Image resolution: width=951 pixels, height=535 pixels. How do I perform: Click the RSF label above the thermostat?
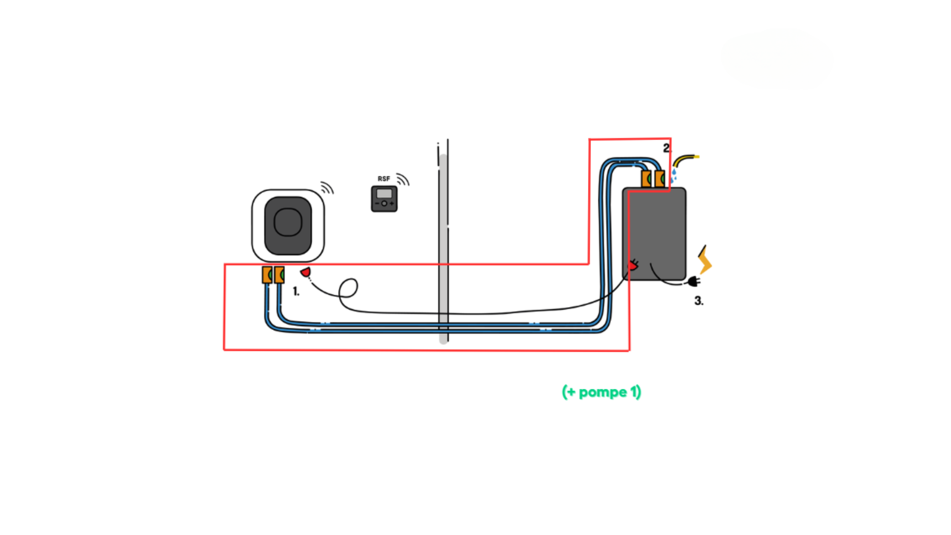[x=384, y=179]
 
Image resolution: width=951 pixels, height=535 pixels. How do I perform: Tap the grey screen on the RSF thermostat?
[x=384, y=194]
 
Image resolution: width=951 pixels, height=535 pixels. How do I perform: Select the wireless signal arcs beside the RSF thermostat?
[x=403, y=179]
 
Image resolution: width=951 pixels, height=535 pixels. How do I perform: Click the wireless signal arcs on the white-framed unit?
[x=327, y=188]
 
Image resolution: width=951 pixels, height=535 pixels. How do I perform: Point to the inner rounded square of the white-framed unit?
[x=288, y=222]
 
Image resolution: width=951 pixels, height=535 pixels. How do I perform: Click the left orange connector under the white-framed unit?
[x=267, y=274]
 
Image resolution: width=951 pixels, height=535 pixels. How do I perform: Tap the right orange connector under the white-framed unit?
[x=279, y=274]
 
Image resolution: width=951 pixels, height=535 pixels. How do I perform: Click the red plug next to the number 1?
[x=306, y=272]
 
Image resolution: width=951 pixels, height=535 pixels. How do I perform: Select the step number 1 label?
[x=296, y=291]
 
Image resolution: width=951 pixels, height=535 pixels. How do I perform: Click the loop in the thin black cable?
[x=348, y=288]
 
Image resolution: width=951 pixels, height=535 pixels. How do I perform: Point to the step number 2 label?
[x=667, y=148]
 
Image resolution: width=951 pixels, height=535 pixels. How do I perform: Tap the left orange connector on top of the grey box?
[x=646, y=178]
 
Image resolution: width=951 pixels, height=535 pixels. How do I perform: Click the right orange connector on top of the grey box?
[x=659, y=178]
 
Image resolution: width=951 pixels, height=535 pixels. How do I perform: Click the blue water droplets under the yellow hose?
[x=674, y=175]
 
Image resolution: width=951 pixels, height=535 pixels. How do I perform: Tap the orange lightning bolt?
[x=704, y=260]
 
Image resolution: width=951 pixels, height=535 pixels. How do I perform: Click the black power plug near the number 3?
[x=693, y=282]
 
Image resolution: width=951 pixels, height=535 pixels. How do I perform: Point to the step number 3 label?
[x=698, y=301]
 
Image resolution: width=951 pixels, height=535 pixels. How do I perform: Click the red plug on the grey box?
[x=633, y=266]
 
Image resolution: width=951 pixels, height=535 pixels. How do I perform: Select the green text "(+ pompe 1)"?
[x=601, y=392]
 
